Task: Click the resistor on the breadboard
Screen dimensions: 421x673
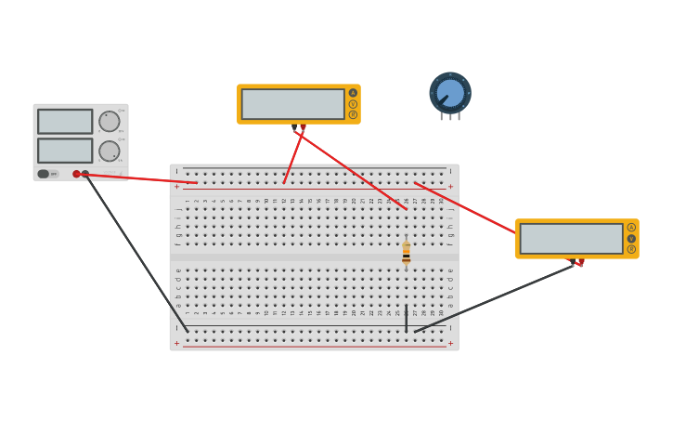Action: click(406, 254)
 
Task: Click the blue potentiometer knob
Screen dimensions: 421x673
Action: click(450, 93)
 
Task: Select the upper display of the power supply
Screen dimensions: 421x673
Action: click(65, 122)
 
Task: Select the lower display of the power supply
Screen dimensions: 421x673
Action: click(65, 151)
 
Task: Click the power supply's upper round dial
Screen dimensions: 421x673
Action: click(110, 122)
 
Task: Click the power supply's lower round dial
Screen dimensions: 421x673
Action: click(110, 151)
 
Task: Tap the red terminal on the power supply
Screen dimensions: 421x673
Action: click(76, 174)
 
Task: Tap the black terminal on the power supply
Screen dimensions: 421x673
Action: click(85, 174)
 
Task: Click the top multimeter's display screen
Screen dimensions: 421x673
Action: click(293, 104)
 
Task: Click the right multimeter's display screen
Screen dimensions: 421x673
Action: click(571, 239)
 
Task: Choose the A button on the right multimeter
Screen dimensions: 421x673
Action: click(631, 228)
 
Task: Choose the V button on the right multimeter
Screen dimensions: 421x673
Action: click(631, 239)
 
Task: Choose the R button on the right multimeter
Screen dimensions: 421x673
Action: click(631, 249)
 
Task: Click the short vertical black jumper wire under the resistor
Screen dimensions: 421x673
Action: click(406, 318)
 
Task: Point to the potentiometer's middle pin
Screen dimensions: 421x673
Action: click(450, 117)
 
